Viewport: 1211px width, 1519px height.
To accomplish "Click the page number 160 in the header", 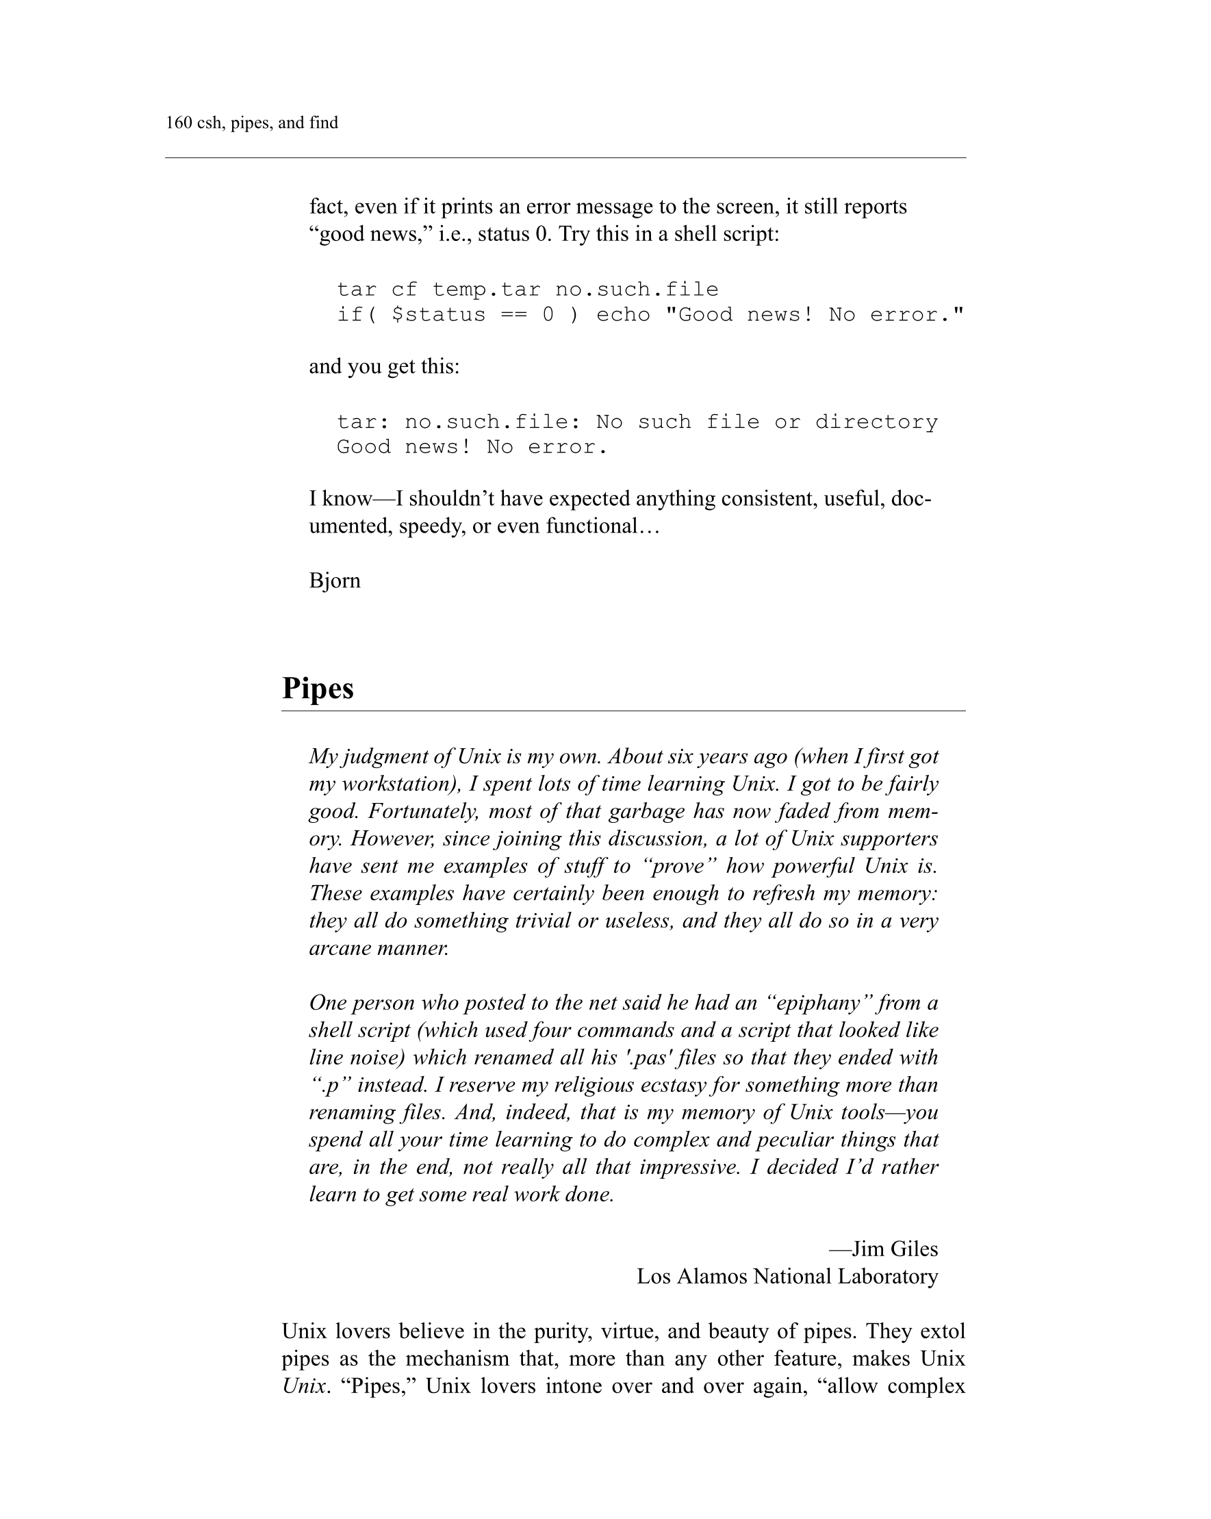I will [179, 123].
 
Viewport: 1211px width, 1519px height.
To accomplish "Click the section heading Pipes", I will [318, 688].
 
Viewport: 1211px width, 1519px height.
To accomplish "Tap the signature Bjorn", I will [335, 580].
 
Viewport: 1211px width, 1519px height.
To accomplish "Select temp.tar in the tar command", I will [486, 290].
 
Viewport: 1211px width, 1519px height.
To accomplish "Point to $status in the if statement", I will [438, 314].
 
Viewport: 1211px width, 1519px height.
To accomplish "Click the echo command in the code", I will [623, 314].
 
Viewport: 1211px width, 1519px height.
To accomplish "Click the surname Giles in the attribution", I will [915, 1249].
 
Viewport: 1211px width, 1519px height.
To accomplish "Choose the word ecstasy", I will [670, 1085].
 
